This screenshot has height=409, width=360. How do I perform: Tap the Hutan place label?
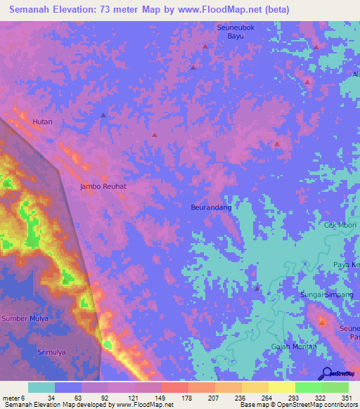[x=43, y=122]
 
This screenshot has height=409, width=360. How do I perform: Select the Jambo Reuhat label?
[x=103, y=187]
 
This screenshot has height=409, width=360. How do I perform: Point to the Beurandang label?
[x=211, y=207]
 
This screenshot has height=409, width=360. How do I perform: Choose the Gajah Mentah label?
[x=294, y=348]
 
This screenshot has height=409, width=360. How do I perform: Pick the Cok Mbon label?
[x=340, y=226]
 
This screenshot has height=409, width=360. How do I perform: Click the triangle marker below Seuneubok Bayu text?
[x=205, y=46]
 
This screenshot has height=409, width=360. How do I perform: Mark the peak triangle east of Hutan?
[x=103, y=115]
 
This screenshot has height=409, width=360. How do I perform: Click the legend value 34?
[x=51, y=397]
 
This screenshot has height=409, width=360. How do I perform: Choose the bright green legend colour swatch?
[x=308, y=387]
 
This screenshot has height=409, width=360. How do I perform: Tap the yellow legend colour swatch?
[x=281, y=387]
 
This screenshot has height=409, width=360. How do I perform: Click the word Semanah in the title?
[x=36, y=11]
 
